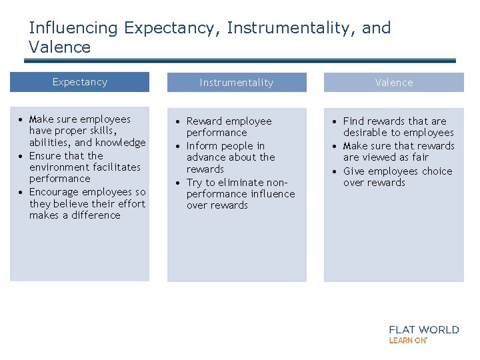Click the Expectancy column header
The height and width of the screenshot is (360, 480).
pos(80,82)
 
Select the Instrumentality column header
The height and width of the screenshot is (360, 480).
pos(237,83)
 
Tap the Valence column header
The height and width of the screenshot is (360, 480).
pos(394,83)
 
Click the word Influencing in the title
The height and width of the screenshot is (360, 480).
pos(73,28)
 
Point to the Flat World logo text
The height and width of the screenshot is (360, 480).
pos(424,329)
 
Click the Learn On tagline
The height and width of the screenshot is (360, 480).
pos(407,340)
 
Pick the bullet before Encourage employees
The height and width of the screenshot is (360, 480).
pos(22,192)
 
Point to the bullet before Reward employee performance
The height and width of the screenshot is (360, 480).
pos(179,121)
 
